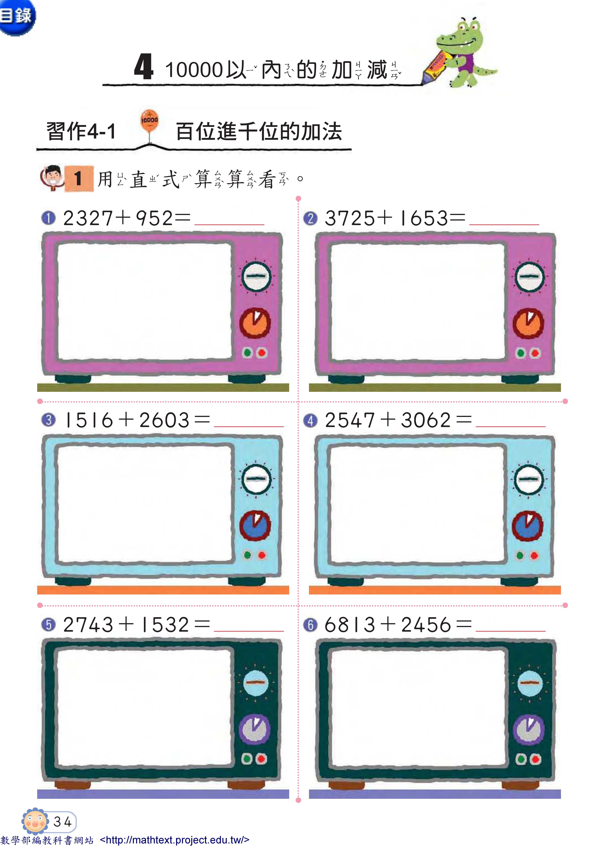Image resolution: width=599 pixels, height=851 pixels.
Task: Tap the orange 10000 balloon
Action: pos(149,120)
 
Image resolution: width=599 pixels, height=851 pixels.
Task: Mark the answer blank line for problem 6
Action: pos(510,631)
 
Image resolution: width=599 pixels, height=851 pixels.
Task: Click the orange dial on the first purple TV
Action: pos(255,322)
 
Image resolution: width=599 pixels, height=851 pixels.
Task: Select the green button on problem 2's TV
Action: pos(521,353)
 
